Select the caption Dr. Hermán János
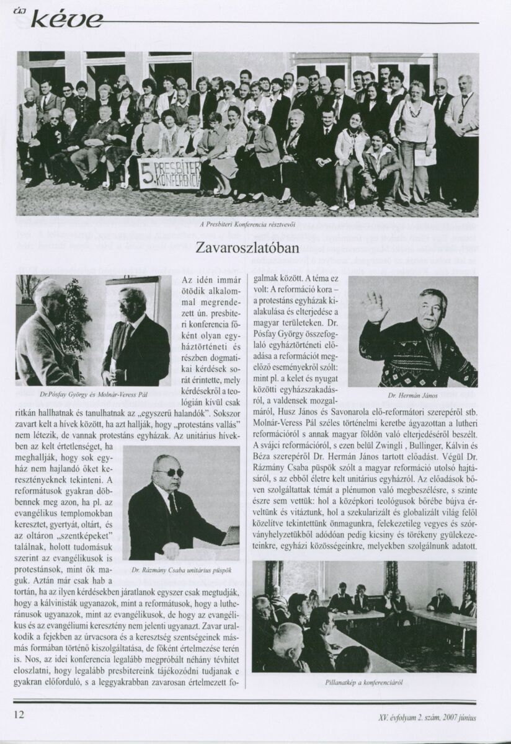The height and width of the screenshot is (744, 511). [412, 394]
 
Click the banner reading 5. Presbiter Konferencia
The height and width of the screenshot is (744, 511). [169, 174]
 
